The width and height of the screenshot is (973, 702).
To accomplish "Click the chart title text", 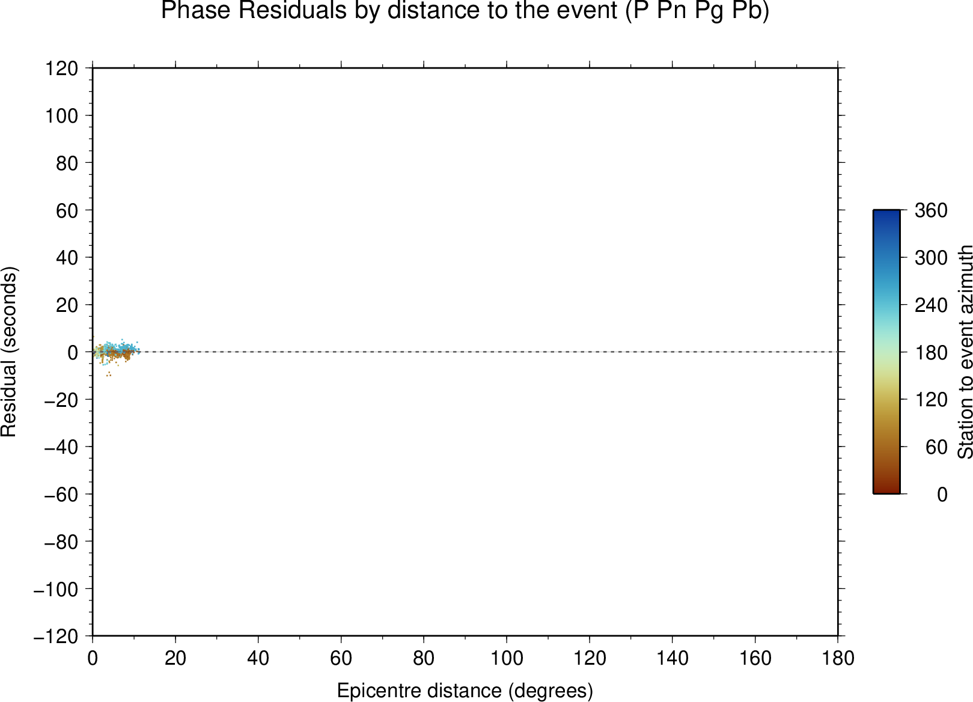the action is click(x=465, y=10).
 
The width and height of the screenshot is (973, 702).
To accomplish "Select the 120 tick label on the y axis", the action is click(x=62, y=68).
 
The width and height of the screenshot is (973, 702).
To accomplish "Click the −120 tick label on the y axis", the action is click(x=56, y=636).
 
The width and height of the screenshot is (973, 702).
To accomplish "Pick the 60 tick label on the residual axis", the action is click(x=67, y=210).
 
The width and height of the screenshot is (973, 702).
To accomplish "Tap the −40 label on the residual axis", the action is click(x=61, y=447).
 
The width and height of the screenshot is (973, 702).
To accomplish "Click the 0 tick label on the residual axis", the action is click(x=73, y=352).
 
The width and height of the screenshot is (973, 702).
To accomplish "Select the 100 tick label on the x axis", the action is click(x=507, y=659).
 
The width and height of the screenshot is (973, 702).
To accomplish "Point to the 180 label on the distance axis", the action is click(x=838, y=659).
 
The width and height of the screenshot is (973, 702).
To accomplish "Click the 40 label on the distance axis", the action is click(x=258, y=659).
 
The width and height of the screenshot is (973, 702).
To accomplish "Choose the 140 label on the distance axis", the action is click(x=672, y=659).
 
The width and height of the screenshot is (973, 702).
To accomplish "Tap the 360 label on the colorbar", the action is click(x=931, y=210).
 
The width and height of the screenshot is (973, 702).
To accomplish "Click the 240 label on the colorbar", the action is click(x=931, y=305).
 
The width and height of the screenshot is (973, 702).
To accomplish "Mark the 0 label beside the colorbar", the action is click(x=942, y=495).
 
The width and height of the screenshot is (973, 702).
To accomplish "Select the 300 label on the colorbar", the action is click(x=931, y=258).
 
